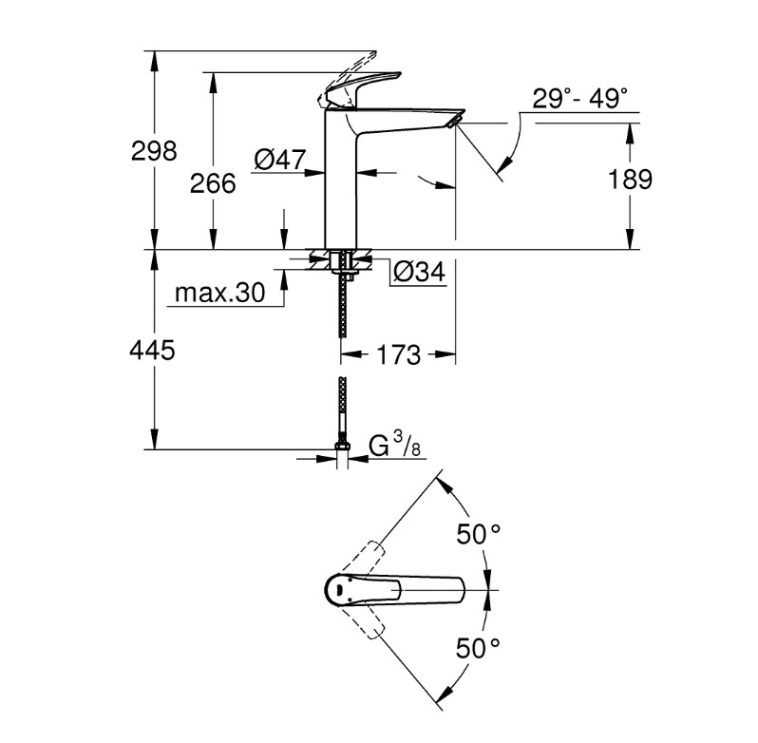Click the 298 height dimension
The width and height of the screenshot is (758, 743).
click(x=154, y=151)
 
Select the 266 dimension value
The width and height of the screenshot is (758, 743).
click(x=213, y=183)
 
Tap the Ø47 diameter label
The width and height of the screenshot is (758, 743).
click(x=280, y=160)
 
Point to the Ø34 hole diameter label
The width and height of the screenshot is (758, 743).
click(x=419, y=272)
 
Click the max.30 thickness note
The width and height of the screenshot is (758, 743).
click(x=220, y=293)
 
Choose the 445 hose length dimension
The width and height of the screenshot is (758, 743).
click(x=152, y=350)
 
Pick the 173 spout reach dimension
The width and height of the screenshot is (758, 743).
click(x=398, y=354)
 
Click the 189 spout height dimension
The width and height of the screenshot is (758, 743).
click(x=630, y=179)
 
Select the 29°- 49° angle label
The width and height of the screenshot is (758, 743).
click(x=580, y=99)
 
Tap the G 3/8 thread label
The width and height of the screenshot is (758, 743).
click(x=394, y=446)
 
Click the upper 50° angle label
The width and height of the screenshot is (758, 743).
click(x=479, y=534)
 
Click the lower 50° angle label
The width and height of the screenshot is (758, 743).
click(x=479, y=648)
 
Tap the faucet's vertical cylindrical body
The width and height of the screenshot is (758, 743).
click(x=340, y=179)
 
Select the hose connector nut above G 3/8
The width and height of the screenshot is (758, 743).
click(x=342, y=445)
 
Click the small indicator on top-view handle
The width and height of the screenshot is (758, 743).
click(x=339, y=590)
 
